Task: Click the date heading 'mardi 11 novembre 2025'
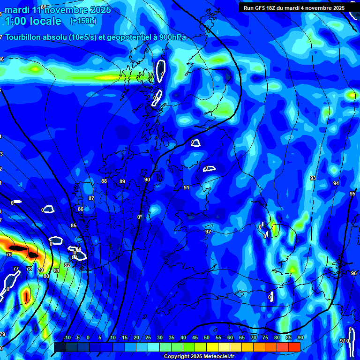[58, 10]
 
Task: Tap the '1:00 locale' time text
[33, 21]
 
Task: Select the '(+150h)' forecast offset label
[83, 21]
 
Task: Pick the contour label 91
[187, 187]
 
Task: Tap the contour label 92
[208, 232]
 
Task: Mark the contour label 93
[313, 178]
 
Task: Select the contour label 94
[336, 183]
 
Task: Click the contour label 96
[353, 273]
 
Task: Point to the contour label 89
[122, 181]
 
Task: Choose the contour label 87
[91, 198]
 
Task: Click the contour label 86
[81, 209]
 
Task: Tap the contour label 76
[9, 255]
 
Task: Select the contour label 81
[57, 270]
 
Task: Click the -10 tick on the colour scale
[67, 337]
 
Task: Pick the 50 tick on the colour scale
[207, 337]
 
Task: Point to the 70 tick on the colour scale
[254, 337]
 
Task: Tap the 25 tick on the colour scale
[148, 337]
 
